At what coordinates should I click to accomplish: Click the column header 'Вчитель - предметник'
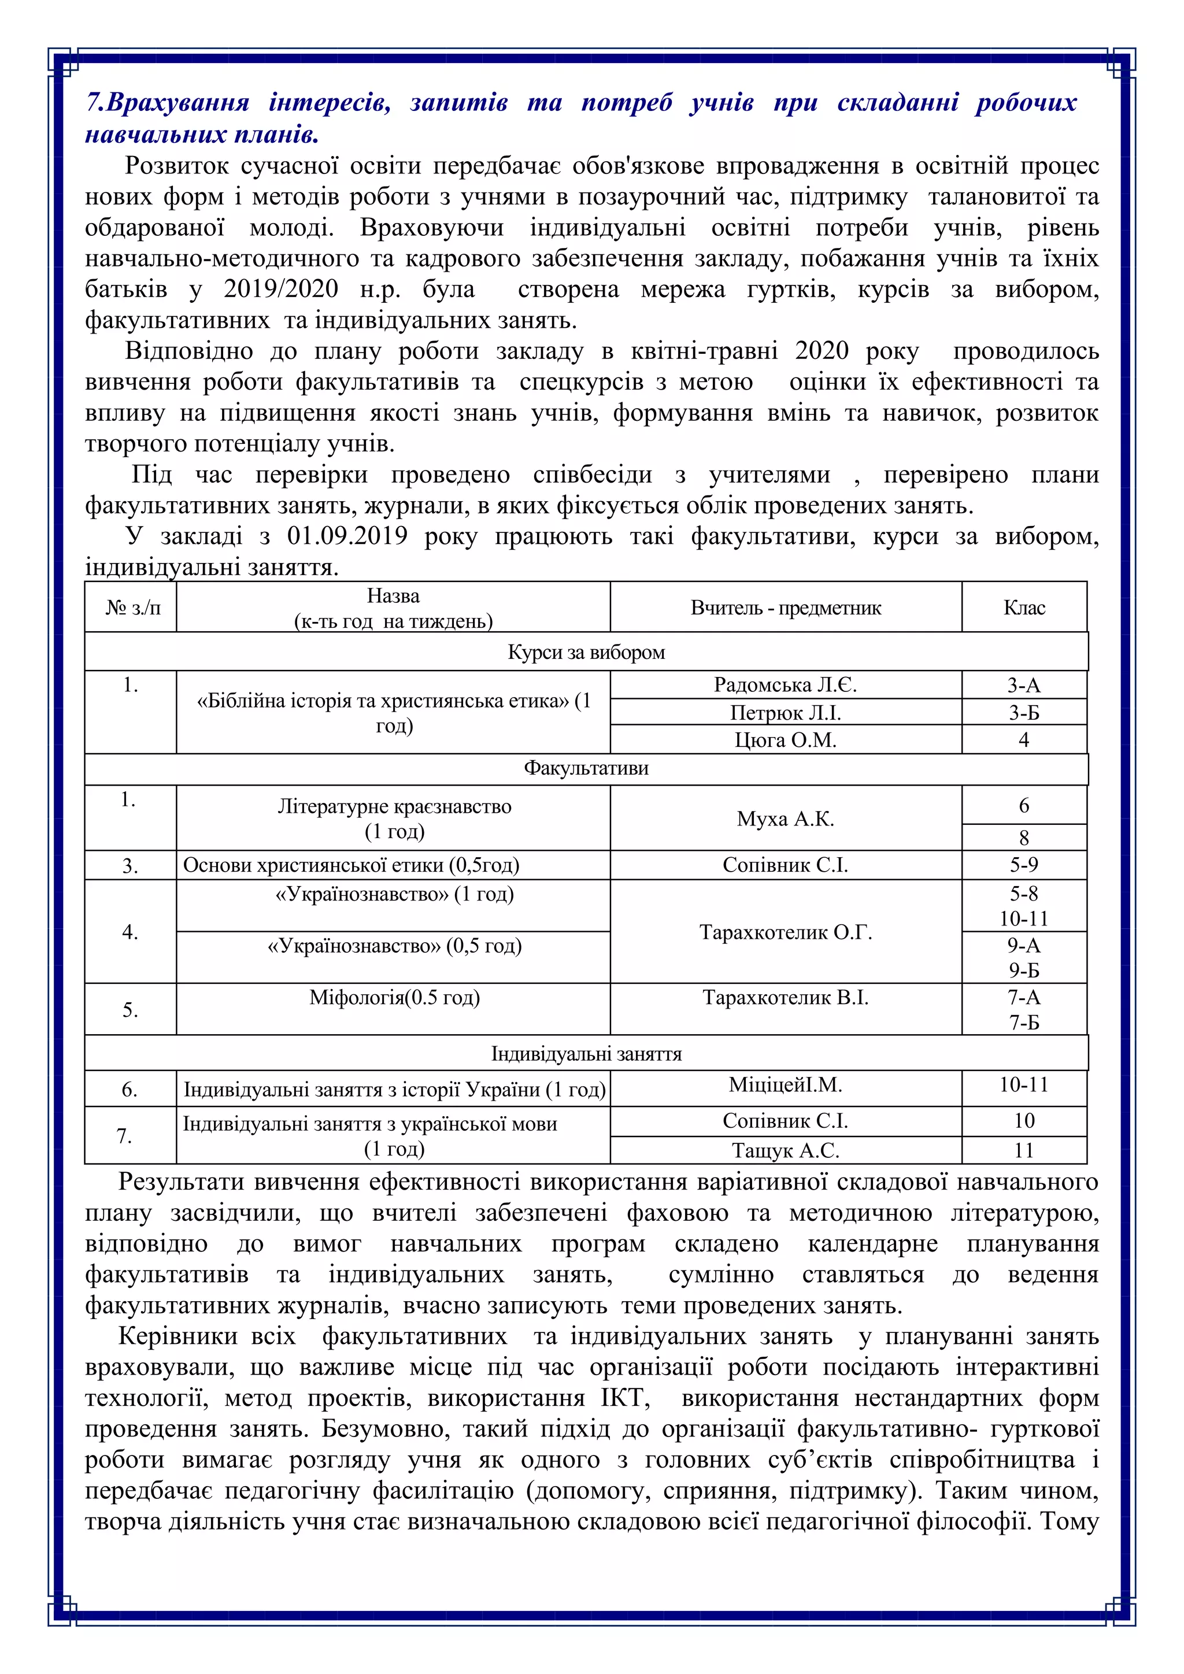coord(785,608)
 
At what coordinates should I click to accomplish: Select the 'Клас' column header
coord(1024,608)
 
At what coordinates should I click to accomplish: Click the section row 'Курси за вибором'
coord(586,652)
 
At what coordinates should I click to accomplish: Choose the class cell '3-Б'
coord(1024,712)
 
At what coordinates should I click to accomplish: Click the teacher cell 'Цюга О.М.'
coord(785,740)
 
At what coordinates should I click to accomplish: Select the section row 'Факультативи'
coord(586,768)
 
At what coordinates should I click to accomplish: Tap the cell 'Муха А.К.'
coord(785,819)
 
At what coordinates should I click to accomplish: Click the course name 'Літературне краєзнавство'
coord(394,806)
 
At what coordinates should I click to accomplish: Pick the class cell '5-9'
coord(1024,865)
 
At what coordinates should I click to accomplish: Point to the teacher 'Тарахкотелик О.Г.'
coord(785,932)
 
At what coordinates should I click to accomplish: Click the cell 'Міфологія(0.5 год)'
coord(394,997)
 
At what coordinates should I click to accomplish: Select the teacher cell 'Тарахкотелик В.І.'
coord(785,997)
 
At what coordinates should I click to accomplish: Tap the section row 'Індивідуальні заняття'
coord(586,1054)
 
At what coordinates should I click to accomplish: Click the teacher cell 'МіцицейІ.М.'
coord(785,1085)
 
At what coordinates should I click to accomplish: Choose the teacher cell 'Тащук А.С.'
coord(785,1150)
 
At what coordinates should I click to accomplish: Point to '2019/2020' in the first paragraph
coord(281,290)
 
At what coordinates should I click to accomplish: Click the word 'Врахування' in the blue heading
coord(177,103)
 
